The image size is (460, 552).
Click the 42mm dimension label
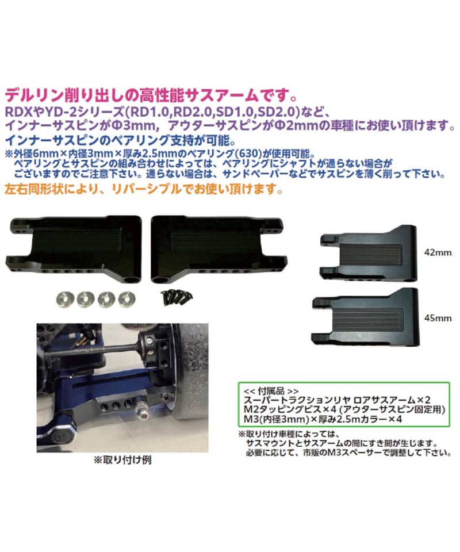pos(438,253)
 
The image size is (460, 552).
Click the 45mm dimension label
pos(438,318)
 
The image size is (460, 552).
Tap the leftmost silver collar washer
pos(64,300)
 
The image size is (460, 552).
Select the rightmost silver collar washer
pos(126,299)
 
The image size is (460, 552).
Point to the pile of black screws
pos(176,297)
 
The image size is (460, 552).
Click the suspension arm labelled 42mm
pos(368,254)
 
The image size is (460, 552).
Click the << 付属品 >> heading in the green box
pos(271,391)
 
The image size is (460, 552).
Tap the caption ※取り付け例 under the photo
pos(122,459)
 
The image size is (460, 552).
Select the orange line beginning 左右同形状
pos(144,189)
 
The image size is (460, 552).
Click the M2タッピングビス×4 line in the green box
pos(344,409)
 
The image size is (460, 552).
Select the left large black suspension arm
pos(74,248)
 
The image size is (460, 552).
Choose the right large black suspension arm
pos(218,248)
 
